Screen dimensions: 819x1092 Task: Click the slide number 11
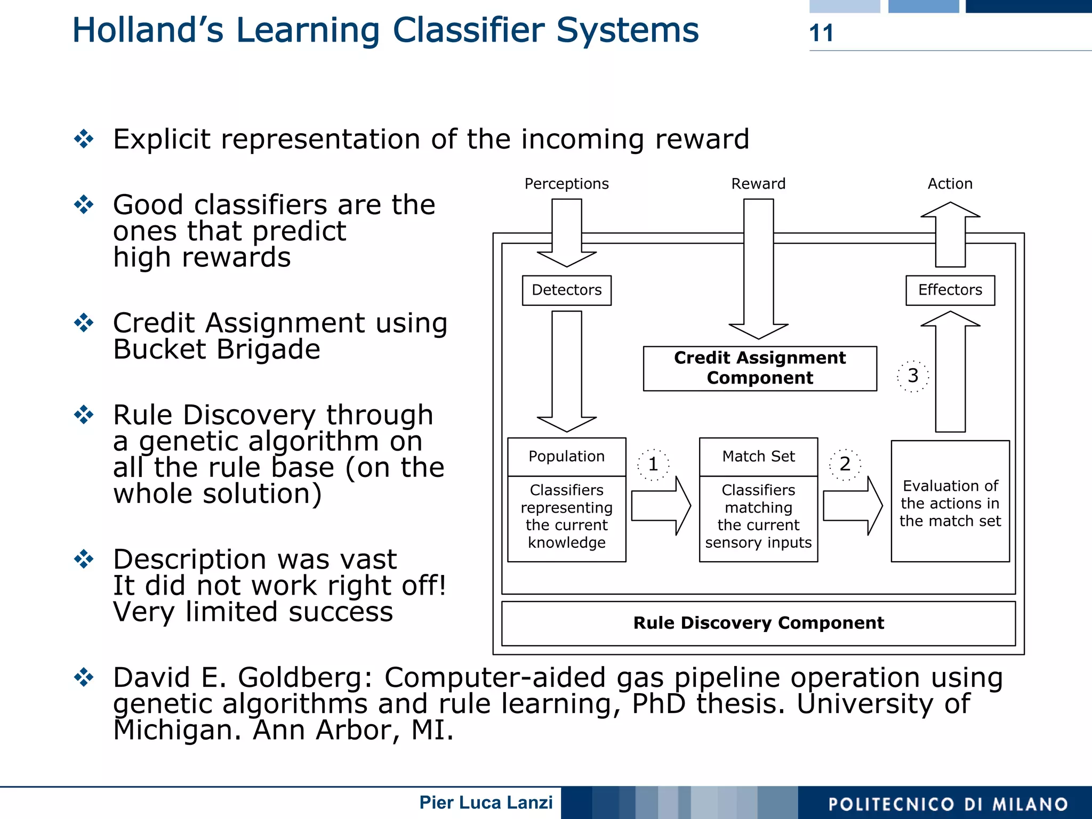(x=821, y=33)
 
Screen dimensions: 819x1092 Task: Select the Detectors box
(x=566, y=290)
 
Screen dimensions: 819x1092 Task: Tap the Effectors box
(x=950, y=290)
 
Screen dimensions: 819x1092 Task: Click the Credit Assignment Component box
(x=759, y=368)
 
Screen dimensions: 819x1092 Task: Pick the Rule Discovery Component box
(x=758, y=623)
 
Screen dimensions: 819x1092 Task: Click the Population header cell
(x=566, y=457)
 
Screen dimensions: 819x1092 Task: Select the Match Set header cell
(x=758, y=457)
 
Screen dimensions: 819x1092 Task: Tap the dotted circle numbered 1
(x=653, y=465)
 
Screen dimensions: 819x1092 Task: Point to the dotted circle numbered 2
(x=845, y=464)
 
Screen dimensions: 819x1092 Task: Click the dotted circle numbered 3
(x=912, y=376)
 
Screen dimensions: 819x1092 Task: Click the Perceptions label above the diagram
(x=566, y=184)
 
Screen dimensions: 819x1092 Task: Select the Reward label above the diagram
(x=758, y=184)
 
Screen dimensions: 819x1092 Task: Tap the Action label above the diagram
(x=950, y=184)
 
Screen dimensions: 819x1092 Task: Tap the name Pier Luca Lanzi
(x=486, y=802)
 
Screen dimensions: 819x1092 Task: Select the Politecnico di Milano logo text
(x=948, y=804)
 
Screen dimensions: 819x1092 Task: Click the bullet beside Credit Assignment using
(x=84, y=323)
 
